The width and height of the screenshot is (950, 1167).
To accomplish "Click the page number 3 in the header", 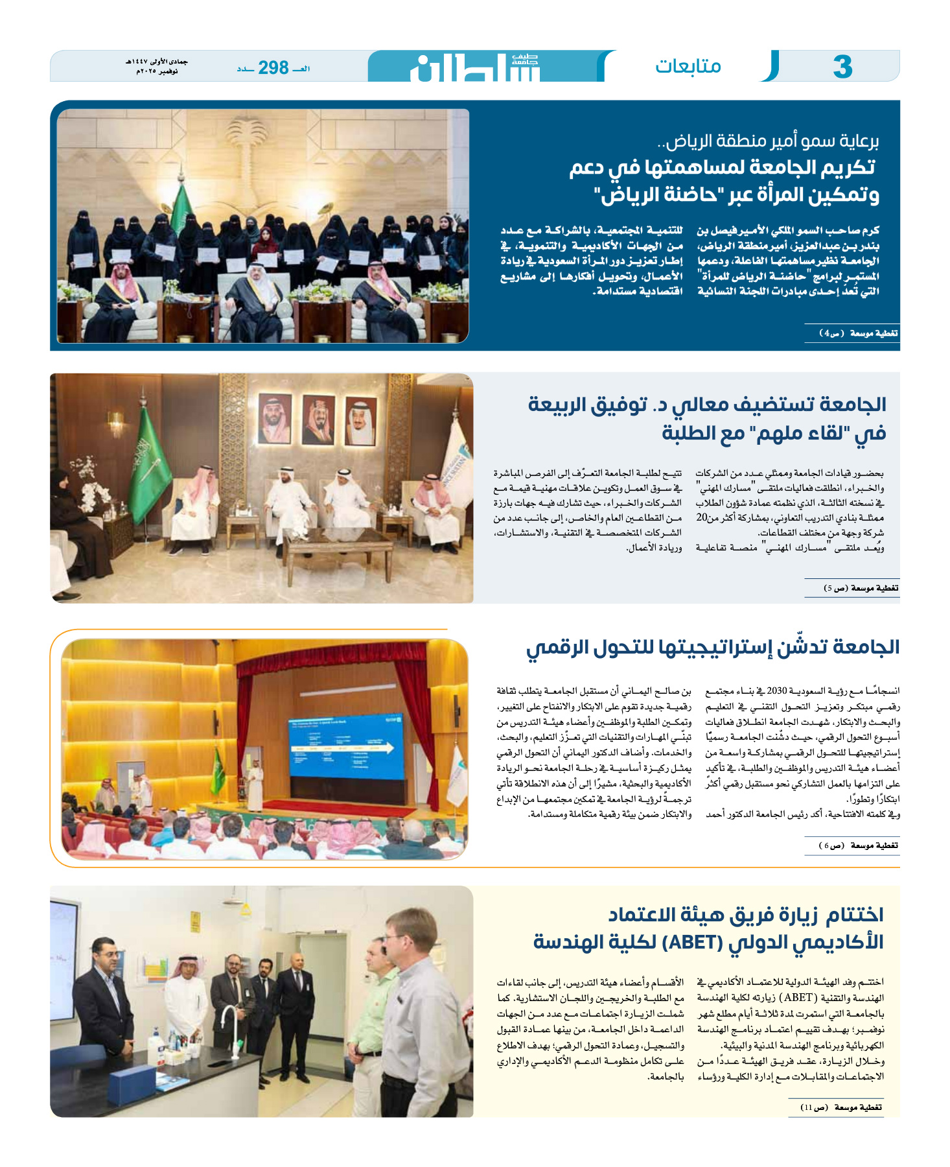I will (x=842, y=67).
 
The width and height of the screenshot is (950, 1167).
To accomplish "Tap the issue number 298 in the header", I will (x=273, y=67).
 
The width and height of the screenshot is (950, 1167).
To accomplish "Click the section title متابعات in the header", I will (x=688, y=66).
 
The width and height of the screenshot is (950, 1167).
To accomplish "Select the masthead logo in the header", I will (x=476, y=67).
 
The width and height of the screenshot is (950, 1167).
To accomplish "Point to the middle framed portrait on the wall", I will (x=318, y=419).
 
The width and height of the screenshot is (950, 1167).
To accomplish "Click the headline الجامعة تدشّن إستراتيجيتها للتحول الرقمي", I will (x=712, y=647).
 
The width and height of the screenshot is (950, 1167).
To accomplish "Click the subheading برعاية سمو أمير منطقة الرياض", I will (x=768, y=141).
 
